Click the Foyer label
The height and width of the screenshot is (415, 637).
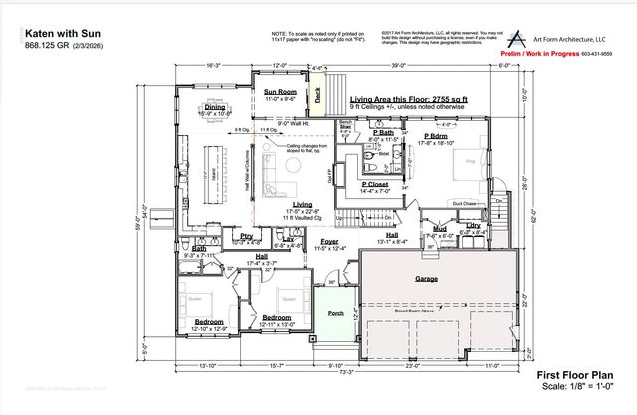pos(328,240)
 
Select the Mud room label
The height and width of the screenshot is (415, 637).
pos(438,228)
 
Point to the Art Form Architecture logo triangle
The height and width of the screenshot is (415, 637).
pos(512,35)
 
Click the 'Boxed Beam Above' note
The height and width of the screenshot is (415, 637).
pos(419,309)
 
